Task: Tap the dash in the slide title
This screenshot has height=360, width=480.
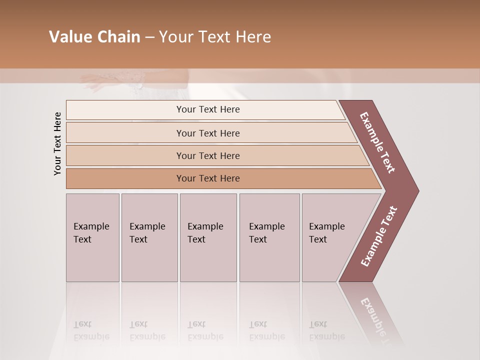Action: point(149,37)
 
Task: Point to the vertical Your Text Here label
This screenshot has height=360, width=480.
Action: point(57,143)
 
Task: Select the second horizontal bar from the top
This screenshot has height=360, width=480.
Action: point(208,133)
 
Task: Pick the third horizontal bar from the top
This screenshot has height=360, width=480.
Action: point(208,156)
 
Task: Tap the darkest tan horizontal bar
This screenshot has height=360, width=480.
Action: point(208,178)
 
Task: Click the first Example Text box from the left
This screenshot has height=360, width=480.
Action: point(92,237)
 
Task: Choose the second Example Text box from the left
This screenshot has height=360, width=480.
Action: point(149,237)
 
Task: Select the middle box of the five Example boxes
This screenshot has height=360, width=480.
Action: point(208,237)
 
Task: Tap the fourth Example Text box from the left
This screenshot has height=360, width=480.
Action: point(269,237)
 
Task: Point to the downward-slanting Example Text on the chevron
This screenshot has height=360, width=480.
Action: point(377,142)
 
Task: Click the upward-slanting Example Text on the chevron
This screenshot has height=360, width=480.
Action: point(378,236)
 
